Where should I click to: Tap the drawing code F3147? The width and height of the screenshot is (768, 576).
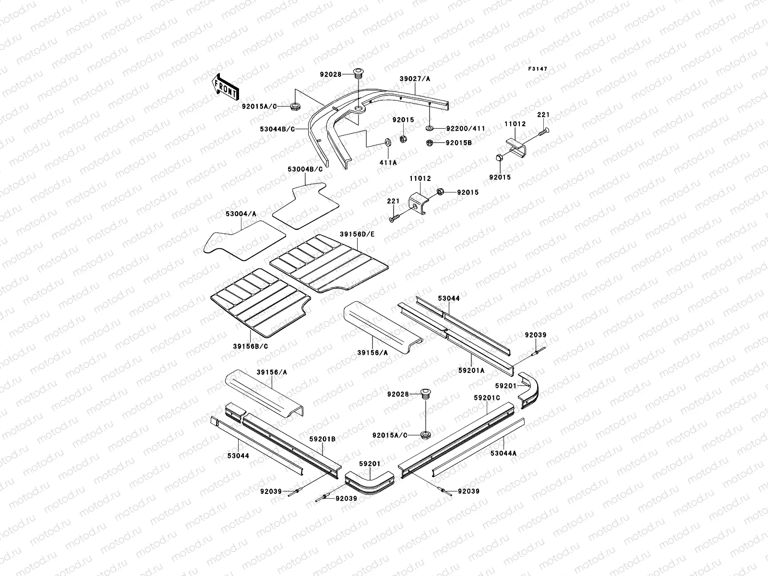pyautogui.click(x=538, y=69)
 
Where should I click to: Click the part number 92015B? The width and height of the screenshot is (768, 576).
pyautogui.click(x=459, y=143)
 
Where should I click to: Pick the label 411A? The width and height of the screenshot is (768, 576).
pyautogui.click(x=388, y=163)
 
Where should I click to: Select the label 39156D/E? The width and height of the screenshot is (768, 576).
pyautogui.click(x=357, y=234)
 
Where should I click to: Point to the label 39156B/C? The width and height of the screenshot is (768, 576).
pyautogui.click(x=251, y=346)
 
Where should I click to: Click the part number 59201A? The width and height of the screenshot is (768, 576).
pyautogui.click(x=471, y=370)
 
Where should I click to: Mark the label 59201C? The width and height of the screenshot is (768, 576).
pyautogui.click(x=487, y=398)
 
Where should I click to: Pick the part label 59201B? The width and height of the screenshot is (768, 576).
pyautogui.click(x=322, y=439)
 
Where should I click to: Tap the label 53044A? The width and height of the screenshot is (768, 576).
pyautogui.click(x=504, y=453)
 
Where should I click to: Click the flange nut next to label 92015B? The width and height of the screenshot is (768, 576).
pyautogui.click(x=431, y=143)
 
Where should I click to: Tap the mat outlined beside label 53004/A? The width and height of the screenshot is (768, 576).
pyautogui.click(x=245, y=240)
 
